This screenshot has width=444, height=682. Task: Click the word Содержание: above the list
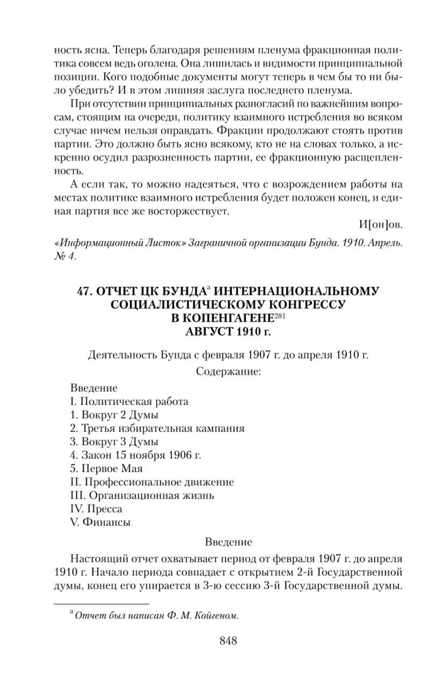pyautogui.click(x=228, y=371)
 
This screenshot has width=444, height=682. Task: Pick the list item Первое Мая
pyautogui.click(x=106, y=468)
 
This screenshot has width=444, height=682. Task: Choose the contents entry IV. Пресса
pyautogui.click(x=96, y=508)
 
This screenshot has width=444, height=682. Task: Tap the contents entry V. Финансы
pyautogui.click(x=100, y=522)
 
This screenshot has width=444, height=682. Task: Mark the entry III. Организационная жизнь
pyautogui.click(x=142, y=495)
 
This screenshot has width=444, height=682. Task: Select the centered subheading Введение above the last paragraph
pyautogui.click(x=228, y=542)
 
